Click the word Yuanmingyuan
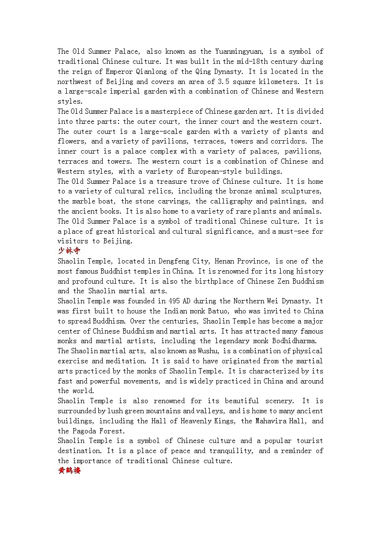tap(233, 51)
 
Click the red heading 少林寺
tap(69, 251)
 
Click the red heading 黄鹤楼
tap(69, 470)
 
